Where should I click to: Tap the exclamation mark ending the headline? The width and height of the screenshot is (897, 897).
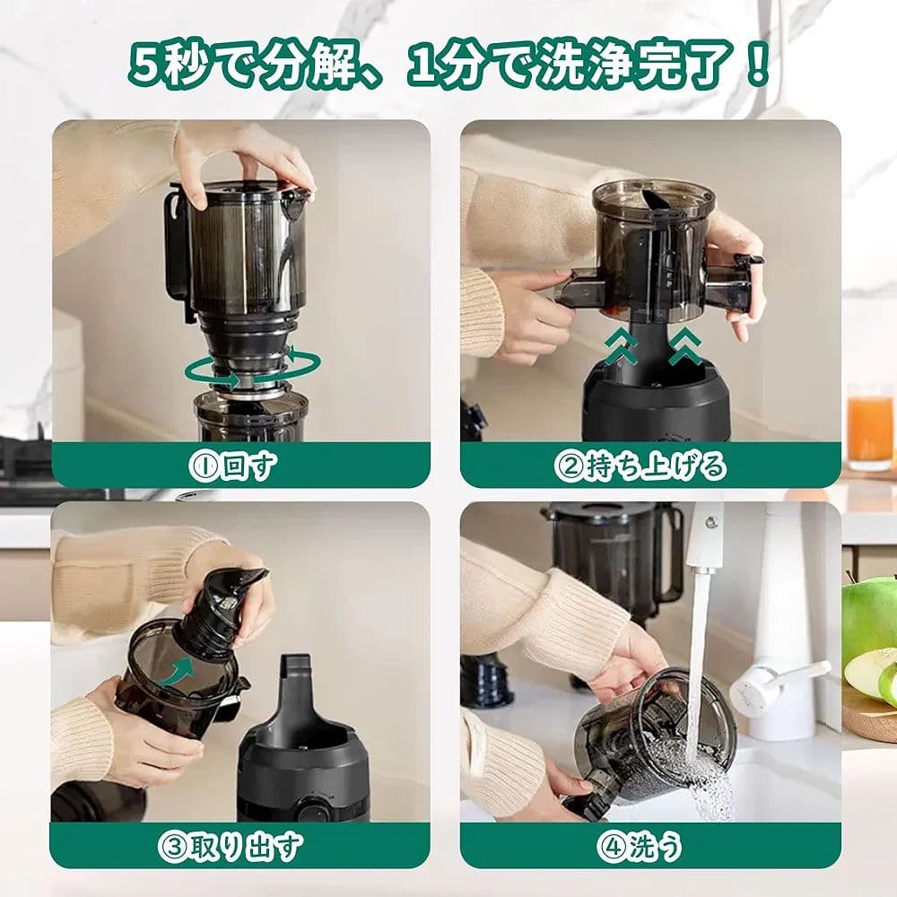coord(758,65)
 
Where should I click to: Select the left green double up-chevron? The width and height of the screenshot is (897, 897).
coord(620,345)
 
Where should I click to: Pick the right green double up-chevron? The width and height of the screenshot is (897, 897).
coord(685,345)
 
